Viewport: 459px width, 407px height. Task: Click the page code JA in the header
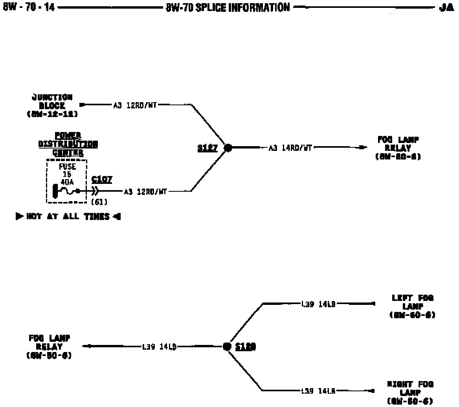click(x=446, y=8)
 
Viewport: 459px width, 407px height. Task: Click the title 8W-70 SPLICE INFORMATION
click(x=228, y=7)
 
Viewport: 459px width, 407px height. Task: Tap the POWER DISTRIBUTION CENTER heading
click(x=68, y=144)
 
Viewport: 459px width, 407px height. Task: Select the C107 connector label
click(x=101, y=180)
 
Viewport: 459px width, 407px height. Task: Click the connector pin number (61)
click(x=99, y=202)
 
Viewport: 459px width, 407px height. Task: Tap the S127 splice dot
click(x=227, y=148)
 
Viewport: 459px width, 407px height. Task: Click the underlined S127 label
click(x=207, y=148)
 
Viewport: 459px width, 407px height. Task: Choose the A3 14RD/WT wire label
click(x=290, y=148)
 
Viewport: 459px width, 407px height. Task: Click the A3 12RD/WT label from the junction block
click(x=135, y=105)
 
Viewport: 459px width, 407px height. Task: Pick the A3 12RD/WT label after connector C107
click(x=146, y=192)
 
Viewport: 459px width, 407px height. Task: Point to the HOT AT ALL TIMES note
click(x=68, y=216)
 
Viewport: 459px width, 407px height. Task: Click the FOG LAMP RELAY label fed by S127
click(x=398, y=148)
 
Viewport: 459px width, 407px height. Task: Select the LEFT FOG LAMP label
click(x=412, y=306)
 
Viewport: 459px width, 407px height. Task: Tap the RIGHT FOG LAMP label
click(x=410, y=392)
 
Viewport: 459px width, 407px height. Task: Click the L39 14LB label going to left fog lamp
click(x=318, y=304)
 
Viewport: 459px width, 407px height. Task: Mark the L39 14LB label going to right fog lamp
click(x=318, y=391)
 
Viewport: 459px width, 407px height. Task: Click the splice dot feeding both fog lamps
click(x=227, y=346)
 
